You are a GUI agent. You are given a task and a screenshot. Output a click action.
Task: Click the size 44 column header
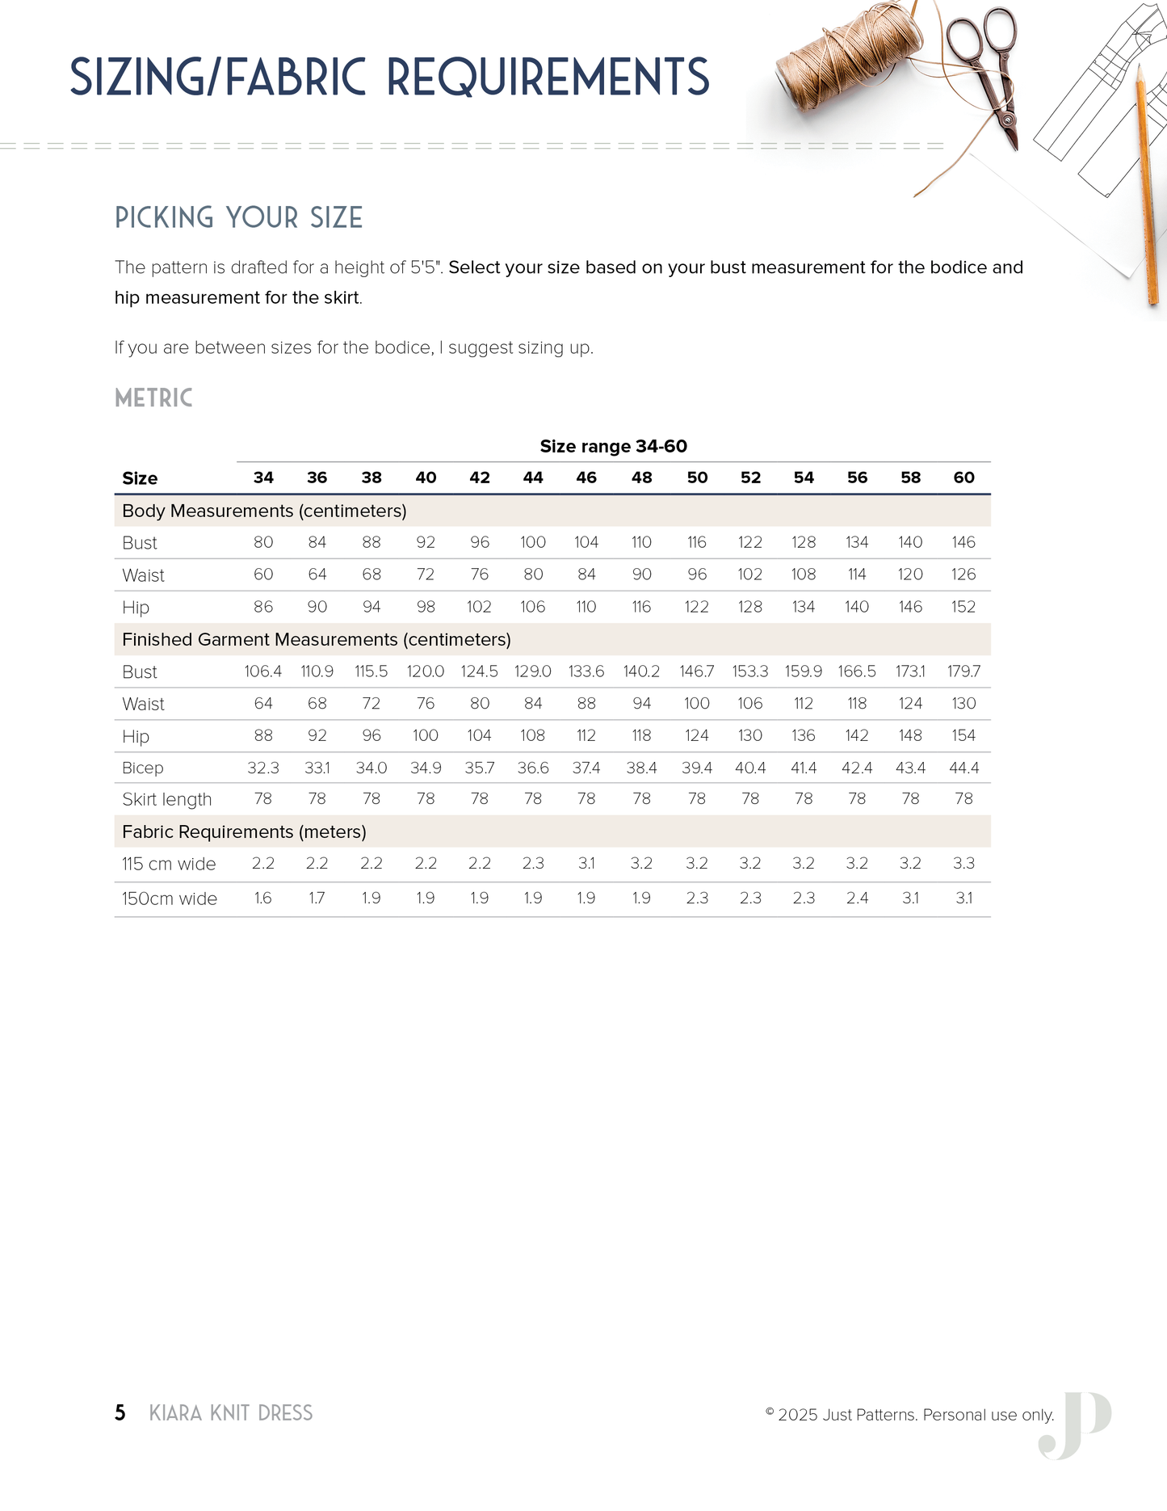(x=533, y=478)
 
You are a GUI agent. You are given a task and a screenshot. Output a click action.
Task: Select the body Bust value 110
(x=641, y=542)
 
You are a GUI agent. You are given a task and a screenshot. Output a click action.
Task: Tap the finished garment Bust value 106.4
(x=263, y=671)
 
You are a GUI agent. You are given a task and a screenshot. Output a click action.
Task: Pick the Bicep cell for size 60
(x=963, y=768)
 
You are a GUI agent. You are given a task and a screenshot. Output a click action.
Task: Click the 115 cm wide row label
(x=169, y=864)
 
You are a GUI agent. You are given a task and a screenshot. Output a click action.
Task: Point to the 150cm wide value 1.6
(x=263, y=898)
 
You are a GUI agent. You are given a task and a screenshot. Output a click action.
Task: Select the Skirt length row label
(x=166, y=799)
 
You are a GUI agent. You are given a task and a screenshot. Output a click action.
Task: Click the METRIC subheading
(x=153, y=398)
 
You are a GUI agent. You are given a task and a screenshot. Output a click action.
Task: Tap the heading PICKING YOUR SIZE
(x=238, y=217)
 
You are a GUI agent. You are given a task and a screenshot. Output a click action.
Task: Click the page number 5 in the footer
(x=120, y=1412)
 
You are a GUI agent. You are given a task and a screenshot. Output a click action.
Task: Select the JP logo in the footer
(x=1076, y=1425)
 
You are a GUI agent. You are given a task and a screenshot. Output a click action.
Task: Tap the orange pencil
(x=1147, y=186)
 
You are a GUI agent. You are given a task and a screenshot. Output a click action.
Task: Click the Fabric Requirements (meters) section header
(x=244, y=831)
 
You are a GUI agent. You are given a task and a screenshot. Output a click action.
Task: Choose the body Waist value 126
(x=963, y=575)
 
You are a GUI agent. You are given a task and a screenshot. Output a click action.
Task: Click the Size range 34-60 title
(x=613, y=446)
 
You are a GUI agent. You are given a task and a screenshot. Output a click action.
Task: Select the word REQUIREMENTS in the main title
(x=548, y=78)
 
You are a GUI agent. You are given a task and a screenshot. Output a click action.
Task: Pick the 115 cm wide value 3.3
(x=963, y=863)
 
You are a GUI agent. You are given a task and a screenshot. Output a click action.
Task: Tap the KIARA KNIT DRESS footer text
(x=231, y=1412)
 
